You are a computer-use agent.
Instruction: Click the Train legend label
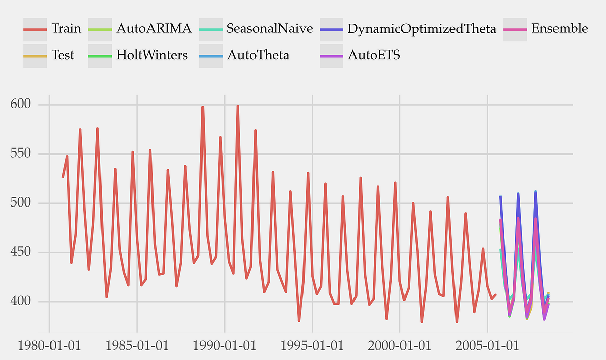pyautogui.click(x=66, y=28)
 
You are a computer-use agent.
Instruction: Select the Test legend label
pyautogui.click(x=63, y=55)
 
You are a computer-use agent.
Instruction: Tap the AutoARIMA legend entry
pyautogui.click(x=154, y=28)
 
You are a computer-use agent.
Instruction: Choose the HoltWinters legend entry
pyautogui.click(x=152, y=55)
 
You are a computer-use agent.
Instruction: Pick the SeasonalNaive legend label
pyautogui.click(x=270, y=28)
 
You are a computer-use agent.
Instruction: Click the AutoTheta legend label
pyautogui.click(x=258, y=55)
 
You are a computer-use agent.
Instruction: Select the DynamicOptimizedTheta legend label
pyautogui.click(x=422, y=28)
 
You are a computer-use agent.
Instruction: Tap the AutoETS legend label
pyautogui.click(x=374, y=55)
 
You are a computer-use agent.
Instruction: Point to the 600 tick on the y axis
pyautogui.click(x=20, y=104)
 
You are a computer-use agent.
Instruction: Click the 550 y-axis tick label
pyautogui.click(x=20, y=153)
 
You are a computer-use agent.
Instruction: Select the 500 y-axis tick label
pyautogui.click(x=20, y=203)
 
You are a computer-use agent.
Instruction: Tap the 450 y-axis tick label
pyautogui.click(x=20, y=252)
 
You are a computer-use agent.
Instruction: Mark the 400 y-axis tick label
pyautogui.click(x=20, y=302)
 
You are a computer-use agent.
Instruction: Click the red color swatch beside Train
pyautogui.click(x=35, y=29)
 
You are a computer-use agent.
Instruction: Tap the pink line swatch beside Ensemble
pyautogui.click(x=516, y=29)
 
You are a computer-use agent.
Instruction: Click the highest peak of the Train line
pyautogui.click(x=238, y=106)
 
